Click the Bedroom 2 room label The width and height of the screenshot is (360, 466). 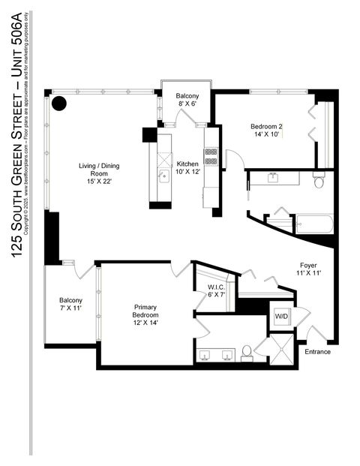(265, 126)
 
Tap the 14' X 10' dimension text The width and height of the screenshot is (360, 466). (265, 135)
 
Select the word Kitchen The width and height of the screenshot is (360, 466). (187, 164)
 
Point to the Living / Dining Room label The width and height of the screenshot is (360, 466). (100, 170)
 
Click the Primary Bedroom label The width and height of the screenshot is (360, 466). (146, 311)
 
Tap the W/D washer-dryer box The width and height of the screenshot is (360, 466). (282, 315)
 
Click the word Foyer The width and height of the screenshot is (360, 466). (308, 265)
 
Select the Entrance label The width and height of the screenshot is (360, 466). (317, 351)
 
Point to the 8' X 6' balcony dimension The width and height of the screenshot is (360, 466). (187, 105)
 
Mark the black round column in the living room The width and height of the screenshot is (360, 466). (59, 103)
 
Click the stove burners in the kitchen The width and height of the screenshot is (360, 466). (211, 155)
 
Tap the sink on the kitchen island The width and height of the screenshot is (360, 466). (162, 176)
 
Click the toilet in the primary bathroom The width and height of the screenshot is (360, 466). (246, 350)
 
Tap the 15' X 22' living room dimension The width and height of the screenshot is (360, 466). (100, 182)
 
